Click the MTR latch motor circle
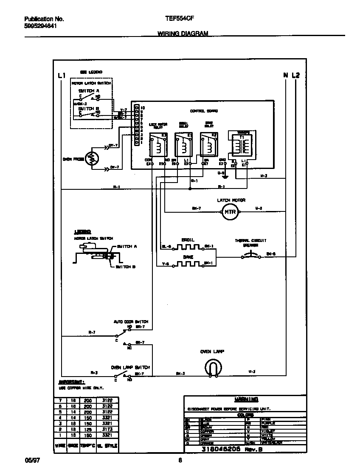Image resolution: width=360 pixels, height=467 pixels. click(x=230, y=211)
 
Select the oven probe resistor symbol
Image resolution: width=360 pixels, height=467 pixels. click(x=91, y=159)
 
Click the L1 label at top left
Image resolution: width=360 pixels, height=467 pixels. click(x=61, y=76)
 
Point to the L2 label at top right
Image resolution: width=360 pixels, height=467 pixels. click(x=295, y=76)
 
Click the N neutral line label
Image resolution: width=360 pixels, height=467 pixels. click(x=286, y=76)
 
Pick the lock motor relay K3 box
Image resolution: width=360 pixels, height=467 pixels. click(x=157, y=146)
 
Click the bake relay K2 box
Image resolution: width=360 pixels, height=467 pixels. click(x=208, y=146)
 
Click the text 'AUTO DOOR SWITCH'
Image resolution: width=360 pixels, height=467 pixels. click(x=130, y=322)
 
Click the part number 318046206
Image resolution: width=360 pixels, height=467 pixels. click(x=221, y=448)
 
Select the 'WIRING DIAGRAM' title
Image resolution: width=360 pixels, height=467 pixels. click(x=183, y=33)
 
